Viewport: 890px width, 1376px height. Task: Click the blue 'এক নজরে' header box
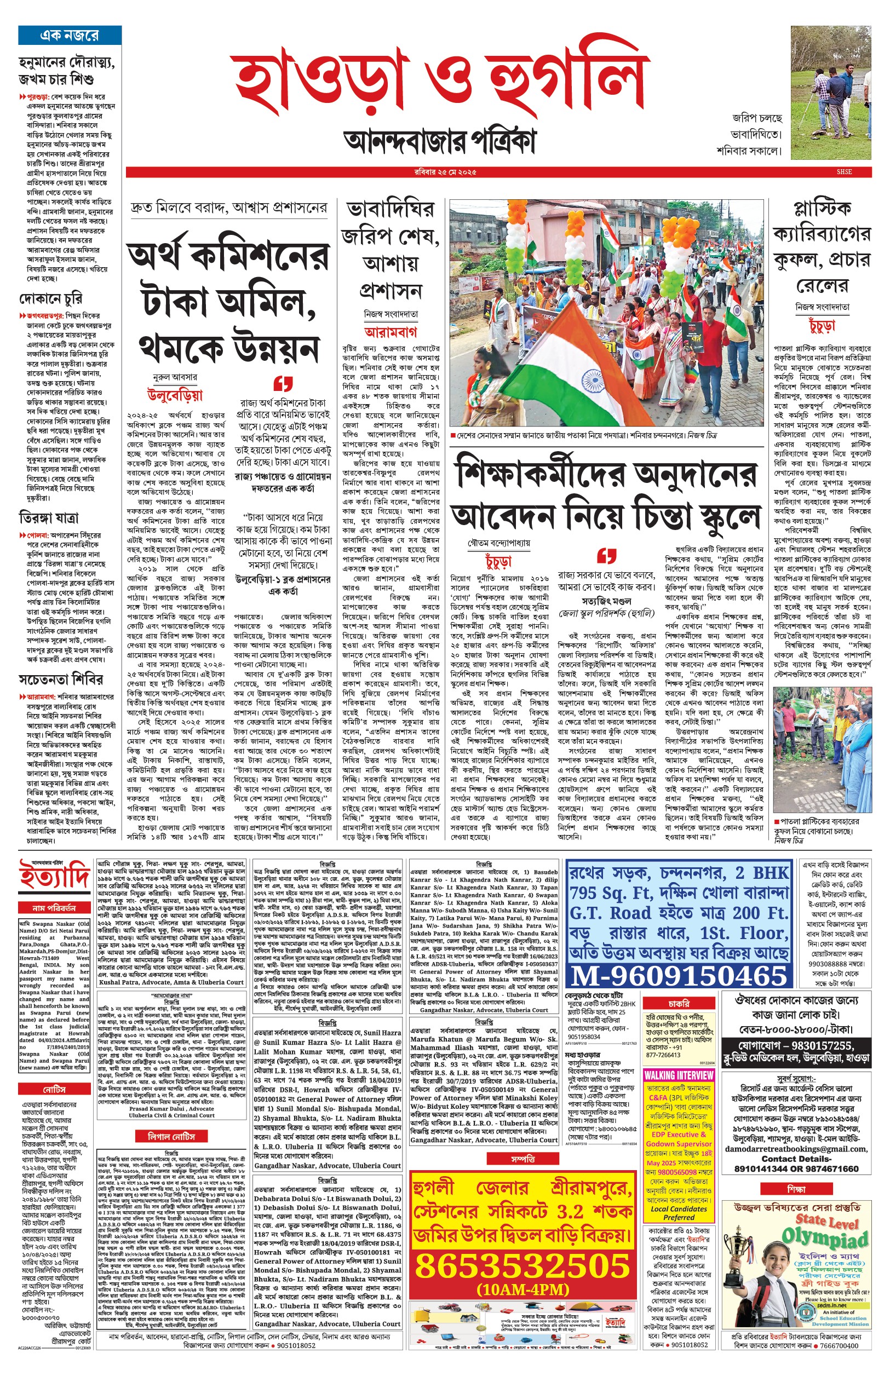(70, 36)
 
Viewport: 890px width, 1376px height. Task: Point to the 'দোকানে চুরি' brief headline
(51, 298)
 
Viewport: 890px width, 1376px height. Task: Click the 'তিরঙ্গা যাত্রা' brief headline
(49, 518)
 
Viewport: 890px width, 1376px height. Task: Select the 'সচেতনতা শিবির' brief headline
(61, 679)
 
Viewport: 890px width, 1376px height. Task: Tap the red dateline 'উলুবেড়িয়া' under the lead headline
(176, 396)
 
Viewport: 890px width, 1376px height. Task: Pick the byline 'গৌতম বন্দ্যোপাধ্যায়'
(499, 544)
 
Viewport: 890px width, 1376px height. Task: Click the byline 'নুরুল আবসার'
(175, 377)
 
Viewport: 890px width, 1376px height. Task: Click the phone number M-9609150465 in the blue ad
(678, 976)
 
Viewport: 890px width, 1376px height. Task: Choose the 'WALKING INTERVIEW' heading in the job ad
(679, 1075)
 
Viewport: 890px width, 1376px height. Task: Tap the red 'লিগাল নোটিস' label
(171, 1136)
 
